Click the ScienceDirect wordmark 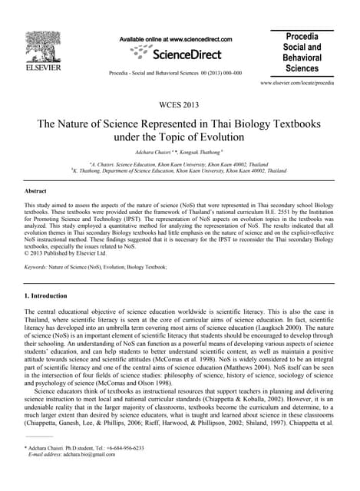point(187,54)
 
